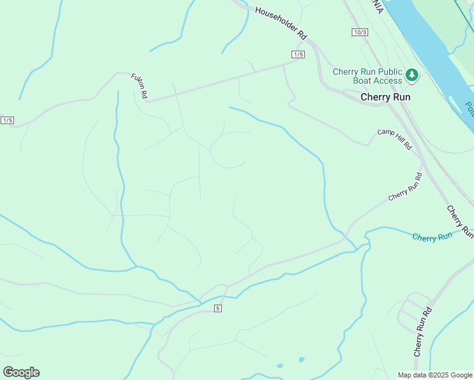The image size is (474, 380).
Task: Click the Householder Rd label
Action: coord(281,24)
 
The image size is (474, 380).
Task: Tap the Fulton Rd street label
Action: coord(139,85)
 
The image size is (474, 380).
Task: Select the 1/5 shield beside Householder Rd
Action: coord(299,54)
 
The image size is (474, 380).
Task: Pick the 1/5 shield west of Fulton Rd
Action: coord(8,120)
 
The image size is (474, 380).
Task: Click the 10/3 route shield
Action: coord(360,32)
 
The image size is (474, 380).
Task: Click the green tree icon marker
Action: coord(413,76)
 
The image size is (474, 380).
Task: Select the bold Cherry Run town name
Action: coord(385,97)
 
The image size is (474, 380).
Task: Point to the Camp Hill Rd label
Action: coord(394,139)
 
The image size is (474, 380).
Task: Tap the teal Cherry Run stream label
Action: coord(433,236)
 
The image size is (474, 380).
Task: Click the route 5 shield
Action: coord(218,308)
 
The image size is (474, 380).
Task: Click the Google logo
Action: coord(21,372)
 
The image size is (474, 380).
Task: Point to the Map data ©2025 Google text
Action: coord(434,375)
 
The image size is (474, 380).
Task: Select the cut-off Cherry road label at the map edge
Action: coord(460,221)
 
